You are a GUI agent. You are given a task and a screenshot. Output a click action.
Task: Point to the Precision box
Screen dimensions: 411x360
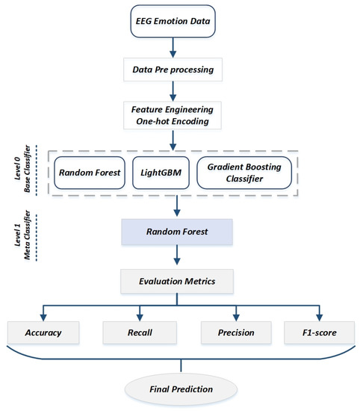point(236,333)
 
